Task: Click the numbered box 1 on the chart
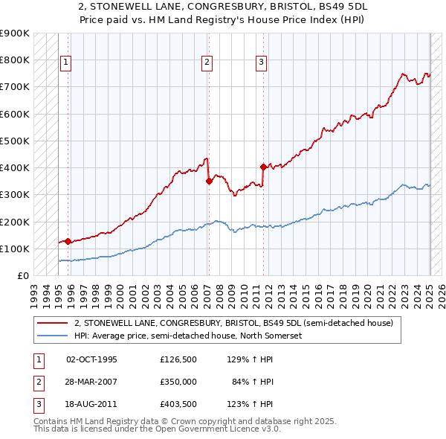click(66, 63)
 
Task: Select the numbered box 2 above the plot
click(206, 63)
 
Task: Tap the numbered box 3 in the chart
click(262, 63)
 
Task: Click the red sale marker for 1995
click(68, 241)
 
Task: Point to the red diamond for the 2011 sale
click(263, 167)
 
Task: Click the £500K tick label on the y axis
click(15, 141)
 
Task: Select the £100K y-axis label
click(15, 249)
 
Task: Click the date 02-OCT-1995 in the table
click(92, 359)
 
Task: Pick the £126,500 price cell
click(178, 359)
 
